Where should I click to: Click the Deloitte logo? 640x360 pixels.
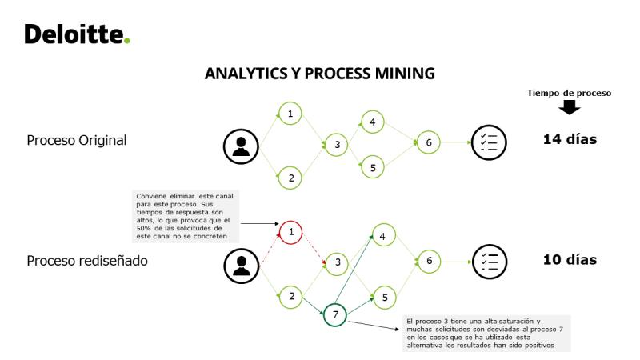click(x=77, y=34)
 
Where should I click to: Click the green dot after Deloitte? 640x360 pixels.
click(x=127, y=41)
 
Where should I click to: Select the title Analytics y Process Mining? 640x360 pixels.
click(x=319, y=74)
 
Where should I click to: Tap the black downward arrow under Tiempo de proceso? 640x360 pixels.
click(x=570, y=107)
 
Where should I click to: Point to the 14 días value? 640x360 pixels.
click(x=570, y=139)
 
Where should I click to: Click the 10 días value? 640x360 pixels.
click(x=570, y=259)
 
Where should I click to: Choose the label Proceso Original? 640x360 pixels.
click(x=77, y=140)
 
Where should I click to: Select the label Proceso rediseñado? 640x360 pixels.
click(x=87, y=261)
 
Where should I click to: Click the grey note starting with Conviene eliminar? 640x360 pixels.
click(x=186, y=216)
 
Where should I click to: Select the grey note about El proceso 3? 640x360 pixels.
click(x=486, y=334)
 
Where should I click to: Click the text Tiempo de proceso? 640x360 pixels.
click(x=570, y=93)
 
